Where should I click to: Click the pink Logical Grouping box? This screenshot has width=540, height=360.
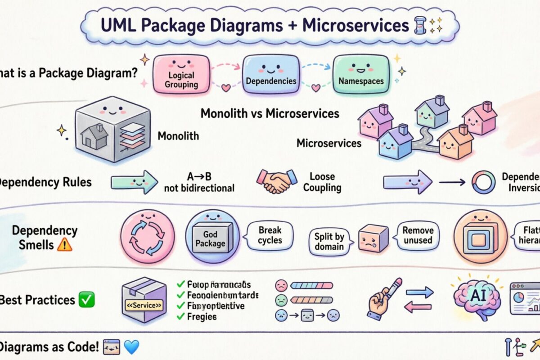181,75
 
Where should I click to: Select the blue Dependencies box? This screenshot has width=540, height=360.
271,75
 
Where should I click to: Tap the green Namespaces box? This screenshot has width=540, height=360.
361,75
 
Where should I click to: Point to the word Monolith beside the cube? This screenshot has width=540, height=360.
178,135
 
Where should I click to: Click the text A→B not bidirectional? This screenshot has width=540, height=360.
199,182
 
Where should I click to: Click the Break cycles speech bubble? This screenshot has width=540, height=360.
270,235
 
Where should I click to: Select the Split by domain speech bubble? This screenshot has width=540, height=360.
329,241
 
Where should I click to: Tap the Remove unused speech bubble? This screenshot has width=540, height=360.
418,235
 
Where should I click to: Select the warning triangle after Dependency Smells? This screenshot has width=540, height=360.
65,245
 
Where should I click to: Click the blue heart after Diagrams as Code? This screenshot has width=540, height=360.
131,347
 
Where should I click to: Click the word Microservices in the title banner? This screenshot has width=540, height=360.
350,26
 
